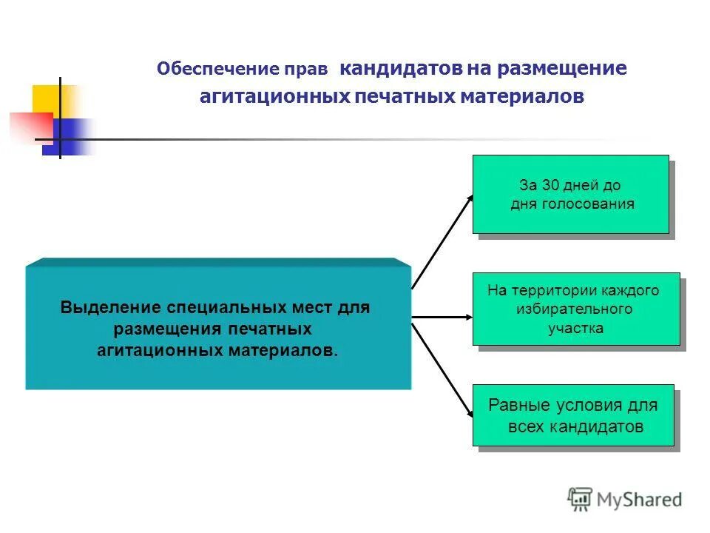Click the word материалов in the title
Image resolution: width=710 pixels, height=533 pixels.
[x=522, y=97]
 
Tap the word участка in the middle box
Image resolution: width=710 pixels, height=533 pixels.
[x=575, y=328]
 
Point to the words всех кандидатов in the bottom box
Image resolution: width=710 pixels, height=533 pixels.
[x=575, y=427]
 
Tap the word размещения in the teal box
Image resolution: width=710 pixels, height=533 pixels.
[x=160, y=328]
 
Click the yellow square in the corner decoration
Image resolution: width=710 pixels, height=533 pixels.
[x=46, y=99]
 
